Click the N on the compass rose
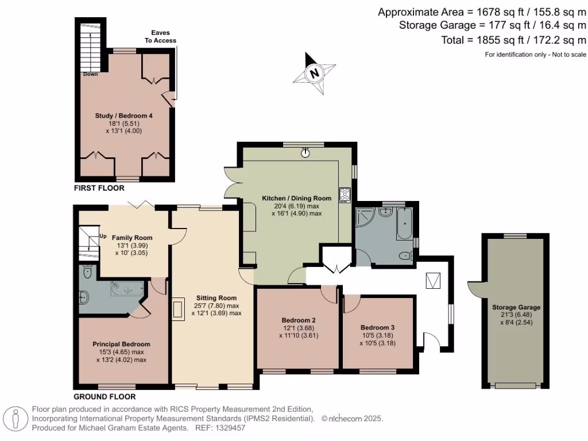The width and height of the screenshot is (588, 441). (315, 72)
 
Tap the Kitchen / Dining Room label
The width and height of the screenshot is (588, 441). (297, 198)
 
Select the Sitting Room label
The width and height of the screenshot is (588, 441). (216, 298)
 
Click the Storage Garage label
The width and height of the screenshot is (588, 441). (516, 308)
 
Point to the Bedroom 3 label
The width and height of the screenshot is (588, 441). (378, 328)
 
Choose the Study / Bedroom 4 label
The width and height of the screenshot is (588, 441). (124, 116)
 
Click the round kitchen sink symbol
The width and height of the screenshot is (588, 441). (305, 152)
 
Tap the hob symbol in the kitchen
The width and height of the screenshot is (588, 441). (345, 195)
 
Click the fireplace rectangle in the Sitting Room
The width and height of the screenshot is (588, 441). (179, 310)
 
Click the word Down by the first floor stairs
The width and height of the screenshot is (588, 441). (90, 74)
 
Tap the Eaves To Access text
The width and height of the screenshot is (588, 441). (161, 37)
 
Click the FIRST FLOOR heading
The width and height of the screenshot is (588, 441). (99, 188)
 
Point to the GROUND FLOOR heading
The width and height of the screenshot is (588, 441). (105, 397)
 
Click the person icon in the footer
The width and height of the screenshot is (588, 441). (16, 419)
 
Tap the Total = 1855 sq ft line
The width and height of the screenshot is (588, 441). (513, 40)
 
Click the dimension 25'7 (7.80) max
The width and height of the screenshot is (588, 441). (216, 305)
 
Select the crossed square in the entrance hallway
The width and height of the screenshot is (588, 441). (433, 280)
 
